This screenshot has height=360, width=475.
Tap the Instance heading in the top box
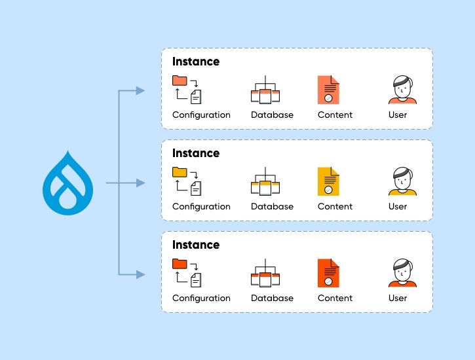196,62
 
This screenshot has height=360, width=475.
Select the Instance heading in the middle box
196,153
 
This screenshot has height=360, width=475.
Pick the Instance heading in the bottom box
196,245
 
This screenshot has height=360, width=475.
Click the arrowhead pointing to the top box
140,90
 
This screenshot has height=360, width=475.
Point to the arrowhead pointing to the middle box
140,183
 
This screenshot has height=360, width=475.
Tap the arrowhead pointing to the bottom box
140,274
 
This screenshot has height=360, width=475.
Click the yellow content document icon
328,181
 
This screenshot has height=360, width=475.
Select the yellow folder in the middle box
179,172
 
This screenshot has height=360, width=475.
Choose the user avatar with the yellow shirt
402,182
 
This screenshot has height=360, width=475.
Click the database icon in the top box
265,91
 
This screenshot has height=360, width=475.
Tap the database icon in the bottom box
265,274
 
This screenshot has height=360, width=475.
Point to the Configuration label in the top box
201,115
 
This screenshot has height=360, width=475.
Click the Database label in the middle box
272,206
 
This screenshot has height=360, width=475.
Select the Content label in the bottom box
335,298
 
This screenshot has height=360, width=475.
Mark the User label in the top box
398,115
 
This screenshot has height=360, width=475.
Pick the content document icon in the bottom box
328,273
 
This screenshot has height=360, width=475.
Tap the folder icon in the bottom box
179,264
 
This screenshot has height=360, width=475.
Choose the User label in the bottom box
398,298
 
